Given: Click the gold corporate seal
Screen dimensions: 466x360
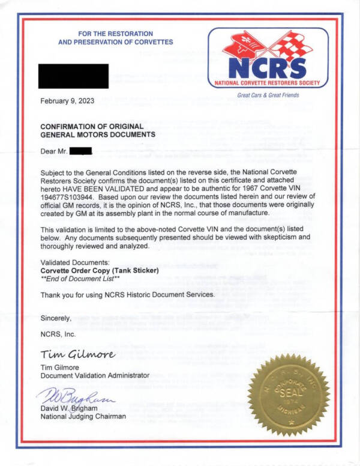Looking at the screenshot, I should [x=291, y=393].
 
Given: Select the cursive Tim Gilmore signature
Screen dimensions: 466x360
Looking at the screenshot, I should [x=77, y=353].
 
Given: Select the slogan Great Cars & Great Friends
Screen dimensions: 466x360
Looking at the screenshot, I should [x=268, y=95].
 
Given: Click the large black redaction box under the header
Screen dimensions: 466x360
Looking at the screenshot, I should [x=74, y=76].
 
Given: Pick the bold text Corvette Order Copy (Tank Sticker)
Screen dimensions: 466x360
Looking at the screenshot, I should [x=99, y=270].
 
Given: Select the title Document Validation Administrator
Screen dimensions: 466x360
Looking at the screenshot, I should [x=94, y=375].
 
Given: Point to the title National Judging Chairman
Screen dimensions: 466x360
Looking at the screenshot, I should [x=83, y=416].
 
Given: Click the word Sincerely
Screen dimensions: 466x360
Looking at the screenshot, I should [x=56, y=318].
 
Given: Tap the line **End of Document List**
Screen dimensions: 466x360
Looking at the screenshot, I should [x=79, y=279].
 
